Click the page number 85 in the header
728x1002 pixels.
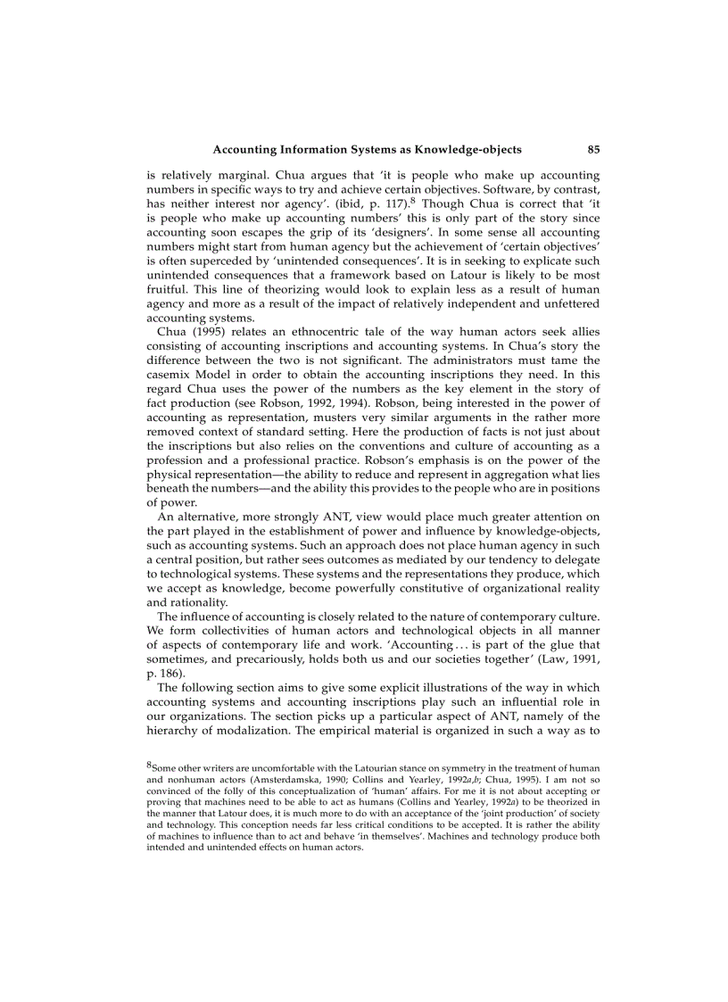(593, 149)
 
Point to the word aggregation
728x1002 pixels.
(508, 470)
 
